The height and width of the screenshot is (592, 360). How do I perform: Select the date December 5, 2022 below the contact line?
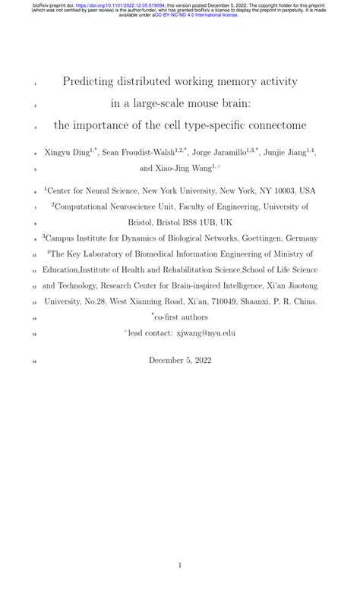coord(179,361)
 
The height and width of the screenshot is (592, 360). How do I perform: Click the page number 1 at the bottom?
coord(179,565)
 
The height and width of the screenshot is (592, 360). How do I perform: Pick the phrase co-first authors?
coord(182,317)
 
